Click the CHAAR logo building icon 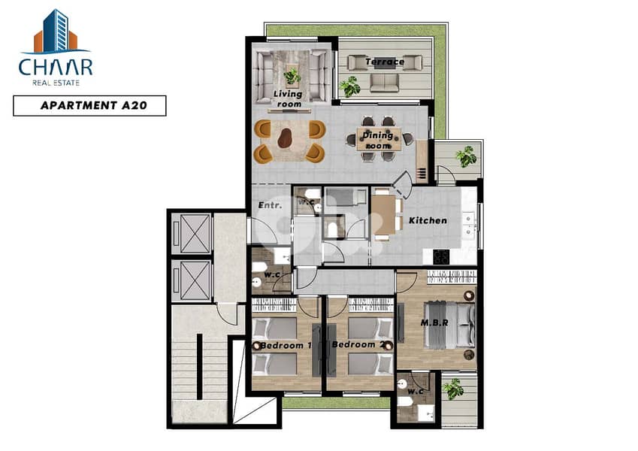55,31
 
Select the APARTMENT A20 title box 89,106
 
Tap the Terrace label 385,62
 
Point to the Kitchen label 428,221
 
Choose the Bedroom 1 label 286,345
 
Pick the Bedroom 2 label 362,345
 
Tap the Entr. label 269,205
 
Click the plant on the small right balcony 466,156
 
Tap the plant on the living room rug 292,75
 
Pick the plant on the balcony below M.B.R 453,389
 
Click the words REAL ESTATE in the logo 55,83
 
